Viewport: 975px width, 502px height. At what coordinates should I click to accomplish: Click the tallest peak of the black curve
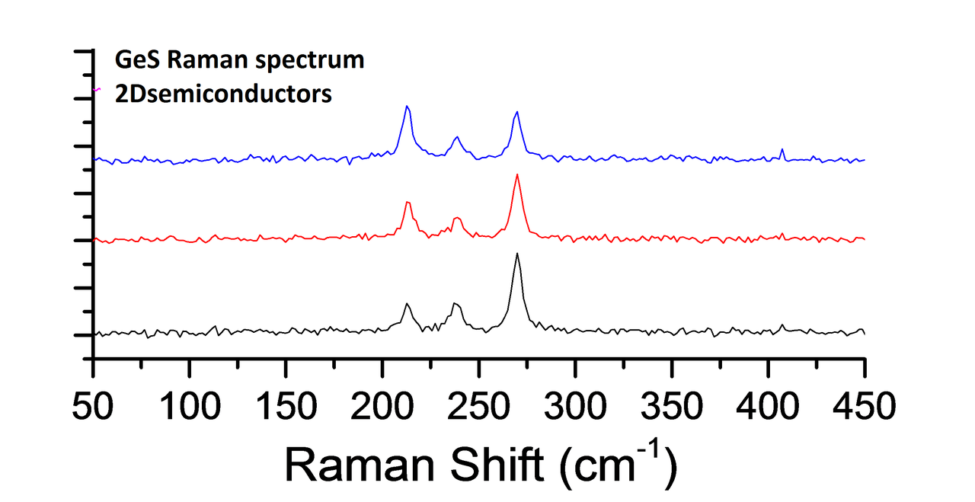pyautogui.click(x=517, y=254)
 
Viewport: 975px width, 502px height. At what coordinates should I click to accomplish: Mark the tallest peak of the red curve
pyautogui.click(x=517, y=175)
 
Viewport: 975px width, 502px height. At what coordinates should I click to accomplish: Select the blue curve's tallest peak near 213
pyautogui.click(x=407, y=107)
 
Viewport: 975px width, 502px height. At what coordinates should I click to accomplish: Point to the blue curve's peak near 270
pyautogui.click(x=517, y=112)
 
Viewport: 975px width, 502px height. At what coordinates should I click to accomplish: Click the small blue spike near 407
pyautogui.click(x=782, y=149)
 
